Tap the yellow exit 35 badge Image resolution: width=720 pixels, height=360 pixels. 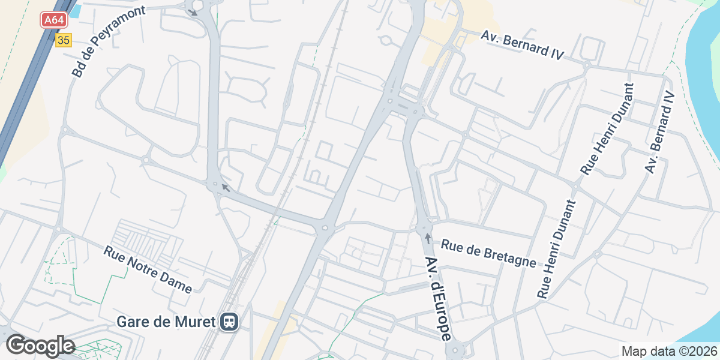click(63, 40)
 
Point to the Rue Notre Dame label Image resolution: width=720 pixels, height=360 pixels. click(148, 269)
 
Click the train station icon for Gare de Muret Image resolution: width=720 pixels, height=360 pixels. click(229, 322)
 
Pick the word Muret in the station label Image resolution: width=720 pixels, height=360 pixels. click(196, 322)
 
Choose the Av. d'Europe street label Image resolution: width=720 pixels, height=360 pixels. click(438, 298)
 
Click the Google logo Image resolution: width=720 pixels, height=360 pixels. click(40, 346)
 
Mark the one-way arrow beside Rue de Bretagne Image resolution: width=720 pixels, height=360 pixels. click(427, 239)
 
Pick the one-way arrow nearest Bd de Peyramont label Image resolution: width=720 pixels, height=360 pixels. click(193, 12)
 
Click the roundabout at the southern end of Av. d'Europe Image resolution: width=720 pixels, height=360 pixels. click(455, 349)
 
